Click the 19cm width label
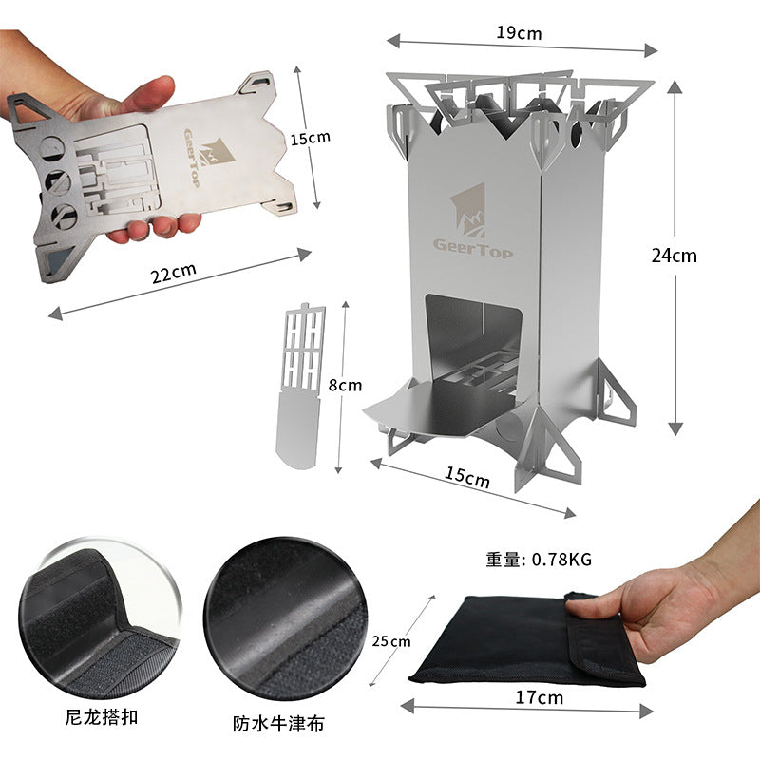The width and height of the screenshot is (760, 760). click(x=518, y=32)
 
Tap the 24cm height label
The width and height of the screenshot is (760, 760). click(x=674, y=255)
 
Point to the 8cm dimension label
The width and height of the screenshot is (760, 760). click(x=343, y=385)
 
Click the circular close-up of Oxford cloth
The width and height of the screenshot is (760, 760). click(x=285, y=617)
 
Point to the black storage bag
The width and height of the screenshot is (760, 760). click(x=513, y=641)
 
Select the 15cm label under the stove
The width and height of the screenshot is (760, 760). click(x=467, y=478)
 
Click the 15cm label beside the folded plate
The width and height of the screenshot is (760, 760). click(x=310, y=138)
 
